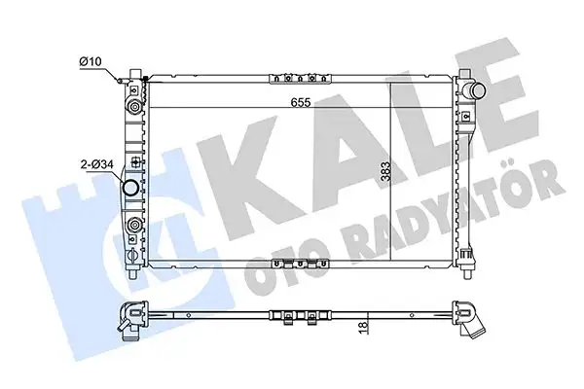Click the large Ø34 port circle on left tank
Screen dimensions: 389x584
(130, 187)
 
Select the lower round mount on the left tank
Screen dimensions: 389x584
(132, 230)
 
